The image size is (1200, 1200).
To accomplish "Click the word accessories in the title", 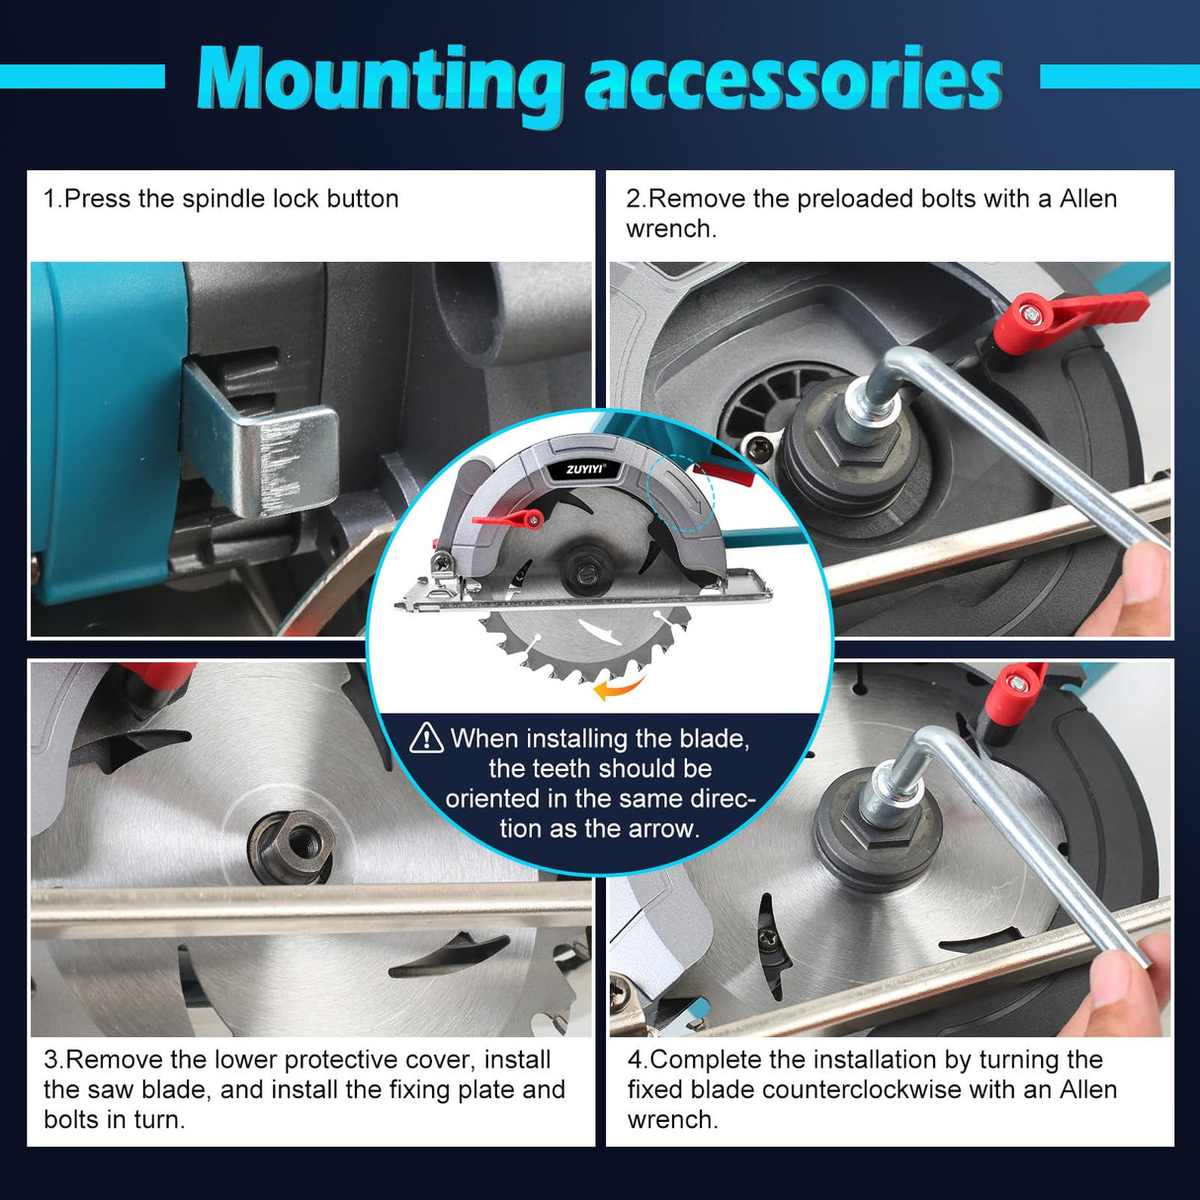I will tap(793, 81).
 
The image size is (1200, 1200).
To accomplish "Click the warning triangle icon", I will tap(426, 737).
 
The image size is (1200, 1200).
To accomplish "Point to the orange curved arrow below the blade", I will tap(618, 686).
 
